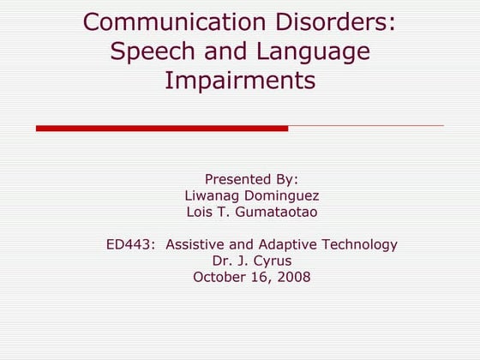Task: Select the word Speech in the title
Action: [x=151, y=51]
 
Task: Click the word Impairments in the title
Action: [x=239, y=81]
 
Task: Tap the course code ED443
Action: [x=129, y=245]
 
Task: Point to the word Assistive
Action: [x=196, y=245]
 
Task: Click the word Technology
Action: [x=359, y=245]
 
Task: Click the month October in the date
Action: [x=219, y=277]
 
